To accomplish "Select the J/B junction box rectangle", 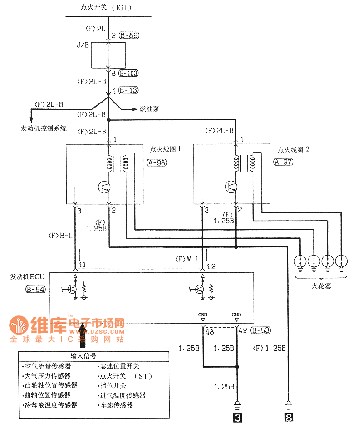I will pos(108,55).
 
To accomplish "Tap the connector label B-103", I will pos(128,73).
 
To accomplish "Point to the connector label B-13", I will pos(128,90).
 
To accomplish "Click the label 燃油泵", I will pos(150,109).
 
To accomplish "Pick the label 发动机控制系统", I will pos(44,128).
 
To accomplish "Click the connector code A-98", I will pos(157,162).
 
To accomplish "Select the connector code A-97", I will pos(284,162).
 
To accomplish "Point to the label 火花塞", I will pos(321,286).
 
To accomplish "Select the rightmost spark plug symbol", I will pos(341,261).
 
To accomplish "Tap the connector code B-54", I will pos(35,289).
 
